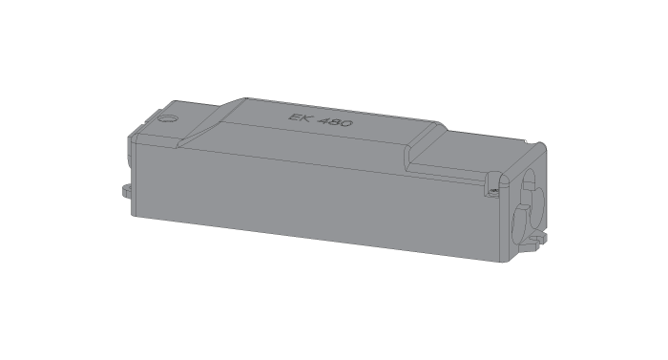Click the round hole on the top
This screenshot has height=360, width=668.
168,120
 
